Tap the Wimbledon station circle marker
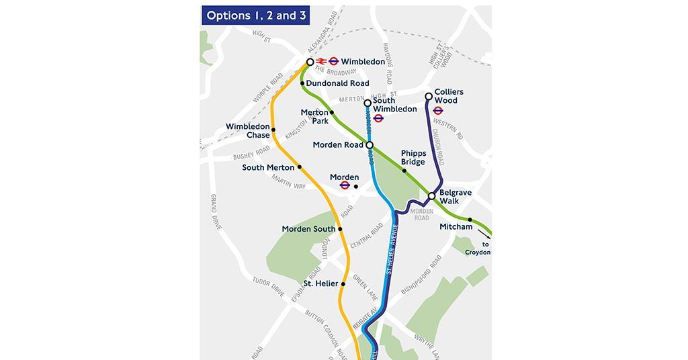pos(310,62)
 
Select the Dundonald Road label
pos(338,83)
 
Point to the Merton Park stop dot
pos(332,112)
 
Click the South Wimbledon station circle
pos(368,103)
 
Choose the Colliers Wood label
pos(449,96)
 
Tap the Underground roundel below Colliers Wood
pos(438,111)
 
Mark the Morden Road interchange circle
pos(369,144)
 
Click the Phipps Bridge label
pos(414,158)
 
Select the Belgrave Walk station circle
pos(432,196)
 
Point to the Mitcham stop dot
pos(470,220)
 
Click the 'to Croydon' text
pos(481,249)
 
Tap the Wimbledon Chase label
pos(248,131)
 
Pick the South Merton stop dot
pos(300,167)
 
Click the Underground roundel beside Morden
pos(344,185)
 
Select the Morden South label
pos(308,229)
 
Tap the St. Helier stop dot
pos(343,284)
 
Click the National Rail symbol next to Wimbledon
pos(320,62)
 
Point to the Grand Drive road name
pos(215,212)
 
